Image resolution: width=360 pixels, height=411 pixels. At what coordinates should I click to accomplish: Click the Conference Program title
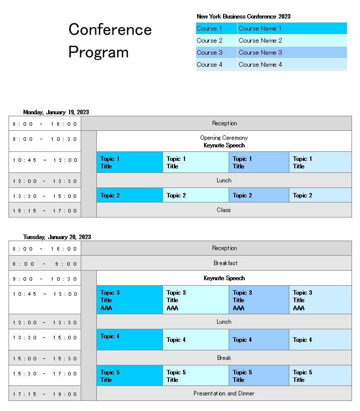tap(110, 41)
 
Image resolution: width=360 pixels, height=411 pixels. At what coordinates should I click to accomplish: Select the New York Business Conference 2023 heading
tap(243, 17)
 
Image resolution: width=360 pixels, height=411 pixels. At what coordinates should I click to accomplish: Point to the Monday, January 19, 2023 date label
tap(56, 112)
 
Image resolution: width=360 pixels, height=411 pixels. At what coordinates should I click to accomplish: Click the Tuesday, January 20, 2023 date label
tap(57, 237)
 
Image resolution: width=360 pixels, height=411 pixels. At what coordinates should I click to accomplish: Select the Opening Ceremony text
tap(224, 138)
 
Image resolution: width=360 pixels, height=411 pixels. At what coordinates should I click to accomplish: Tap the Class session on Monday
tap(224, 210)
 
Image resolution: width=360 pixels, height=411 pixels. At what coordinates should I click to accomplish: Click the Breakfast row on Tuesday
tap(225, 263)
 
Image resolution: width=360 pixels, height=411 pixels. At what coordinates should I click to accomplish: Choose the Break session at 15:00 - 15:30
tap(224, 358)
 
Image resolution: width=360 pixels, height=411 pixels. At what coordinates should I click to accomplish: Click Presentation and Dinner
tap(224, 393)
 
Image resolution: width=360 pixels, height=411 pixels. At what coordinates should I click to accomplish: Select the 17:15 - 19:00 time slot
tap(45, 394)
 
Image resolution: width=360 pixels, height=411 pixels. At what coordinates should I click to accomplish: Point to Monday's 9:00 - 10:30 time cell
tap(45, 139)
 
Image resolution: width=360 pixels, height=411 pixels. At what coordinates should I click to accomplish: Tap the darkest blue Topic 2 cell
tap(129, 195)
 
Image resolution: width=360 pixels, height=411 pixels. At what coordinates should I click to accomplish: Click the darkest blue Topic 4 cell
tap(129, 339)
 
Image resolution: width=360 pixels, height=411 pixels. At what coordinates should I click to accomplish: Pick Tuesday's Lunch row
tap(224, 322)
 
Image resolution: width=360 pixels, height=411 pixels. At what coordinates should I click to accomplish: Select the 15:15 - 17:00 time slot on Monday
tap(45, 211)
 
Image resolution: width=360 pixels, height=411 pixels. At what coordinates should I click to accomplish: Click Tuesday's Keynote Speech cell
tap(224, 278)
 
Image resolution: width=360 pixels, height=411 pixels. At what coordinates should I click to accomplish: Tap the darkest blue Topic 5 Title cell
tap(129, 376)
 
